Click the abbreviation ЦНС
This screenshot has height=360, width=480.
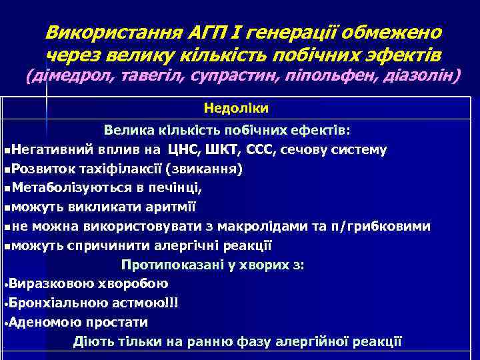[x=182, y=149]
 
